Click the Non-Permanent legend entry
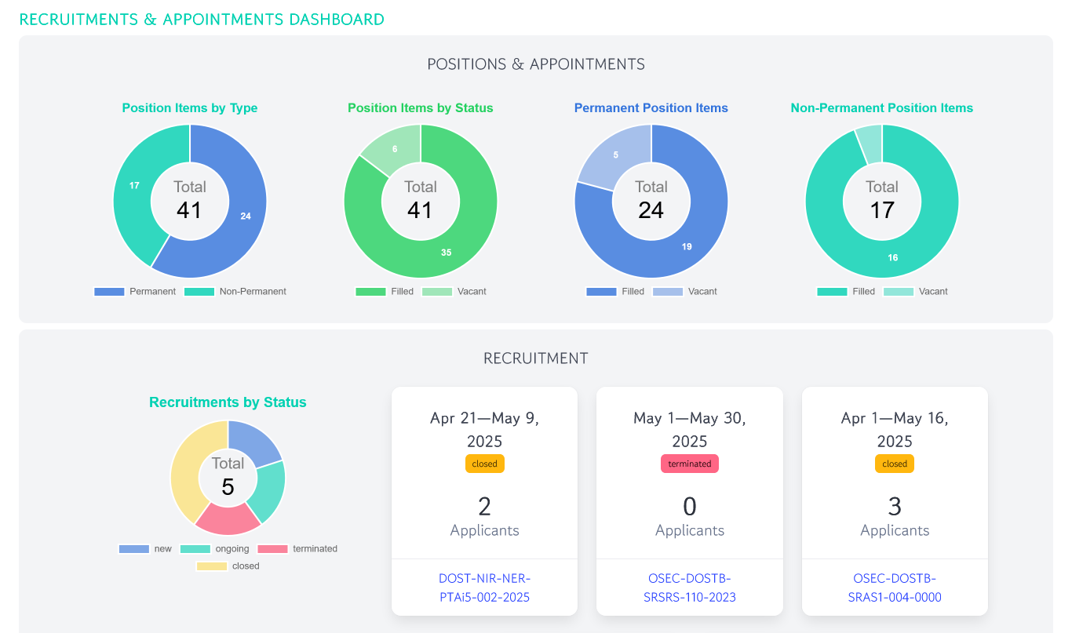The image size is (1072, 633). (235, 292)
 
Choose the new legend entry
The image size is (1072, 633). (145, 549)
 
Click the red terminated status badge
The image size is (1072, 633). (689, 464)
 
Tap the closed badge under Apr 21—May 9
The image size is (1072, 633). (484, 464)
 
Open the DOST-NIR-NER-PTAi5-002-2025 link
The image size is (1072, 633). (484, 588)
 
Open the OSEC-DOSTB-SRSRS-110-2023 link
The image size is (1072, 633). (689, 588)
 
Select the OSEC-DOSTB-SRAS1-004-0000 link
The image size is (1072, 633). (895, 588)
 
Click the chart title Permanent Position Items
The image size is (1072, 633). (651, 108)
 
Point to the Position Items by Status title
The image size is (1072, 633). (420, 108)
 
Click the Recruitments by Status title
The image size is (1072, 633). (228, 402)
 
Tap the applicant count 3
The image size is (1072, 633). (895, 506)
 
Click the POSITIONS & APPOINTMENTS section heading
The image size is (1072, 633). (536, 64)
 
